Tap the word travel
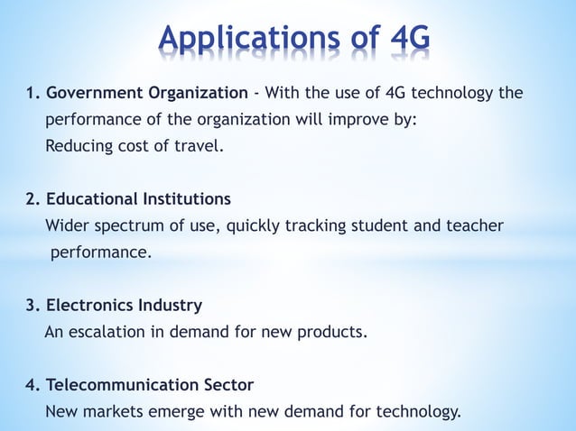point(200,145)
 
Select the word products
point(334,332)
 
